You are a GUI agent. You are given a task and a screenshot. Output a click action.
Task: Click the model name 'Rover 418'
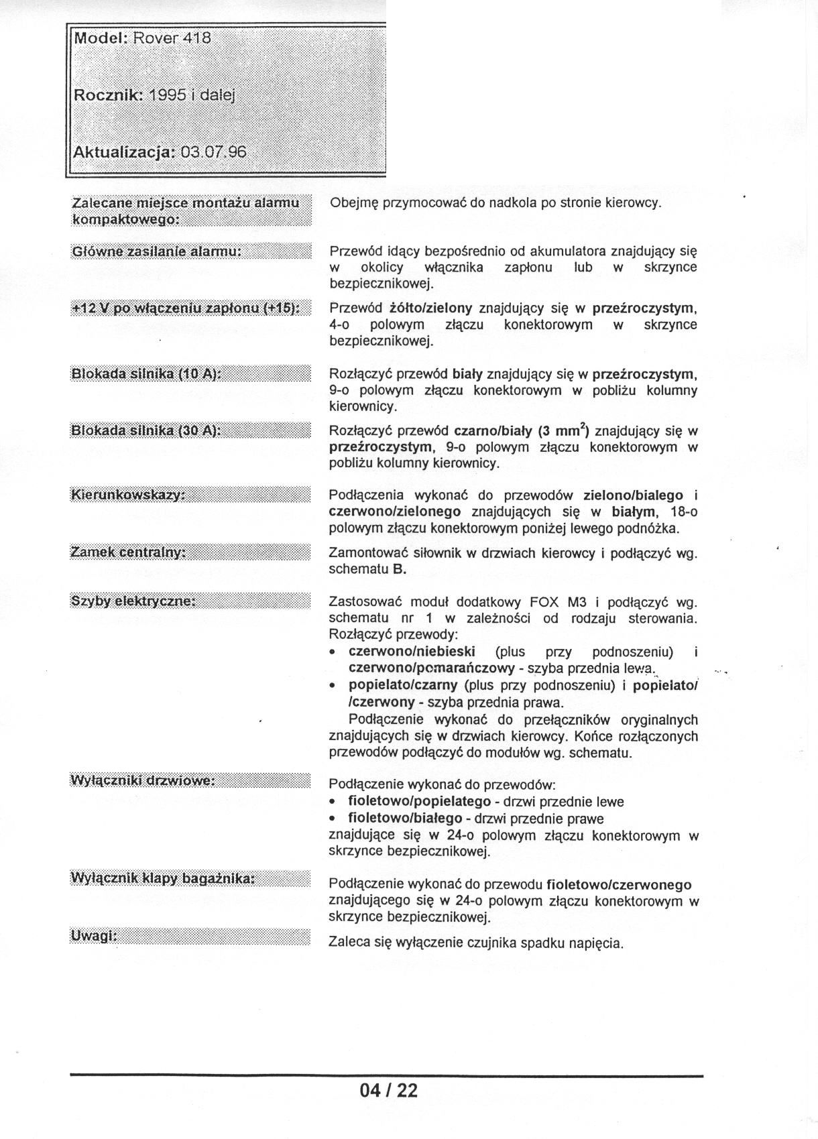pos(172,38)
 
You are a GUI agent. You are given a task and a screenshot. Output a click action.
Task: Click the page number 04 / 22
pos(388,1091)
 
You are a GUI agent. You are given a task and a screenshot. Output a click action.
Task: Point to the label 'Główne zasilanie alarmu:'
pos(156,252)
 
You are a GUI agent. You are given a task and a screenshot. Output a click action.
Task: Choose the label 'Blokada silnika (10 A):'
pos(146,374)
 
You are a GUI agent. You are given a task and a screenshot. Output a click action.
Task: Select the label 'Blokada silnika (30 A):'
pos(146,430)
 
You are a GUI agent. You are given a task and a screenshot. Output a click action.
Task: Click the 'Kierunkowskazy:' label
pos(127,495)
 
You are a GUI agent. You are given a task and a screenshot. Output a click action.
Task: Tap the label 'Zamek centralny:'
pos(127,552)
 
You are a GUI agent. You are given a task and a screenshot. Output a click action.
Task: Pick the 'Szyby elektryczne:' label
pos(133,601)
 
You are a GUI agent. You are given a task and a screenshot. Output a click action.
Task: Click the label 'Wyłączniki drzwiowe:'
pos(143,781)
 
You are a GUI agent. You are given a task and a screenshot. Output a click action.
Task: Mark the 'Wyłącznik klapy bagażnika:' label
pos(163,878)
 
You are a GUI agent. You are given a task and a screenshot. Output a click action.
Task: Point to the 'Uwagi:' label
pos(94,936)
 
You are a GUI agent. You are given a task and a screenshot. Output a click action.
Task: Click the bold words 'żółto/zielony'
pos(431,308)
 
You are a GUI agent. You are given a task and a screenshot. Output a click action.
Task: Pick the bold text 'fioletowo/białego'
pos(405,819)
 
